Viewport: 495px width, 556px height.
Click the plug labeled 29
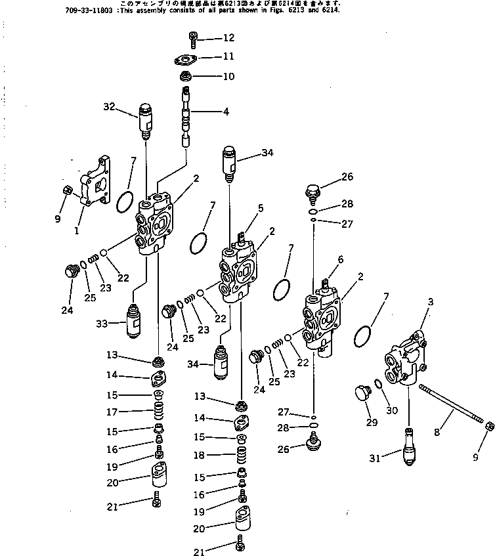tap(362, 398)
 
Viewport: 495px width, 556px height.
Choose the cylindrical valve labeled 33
tap(135, 321)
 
